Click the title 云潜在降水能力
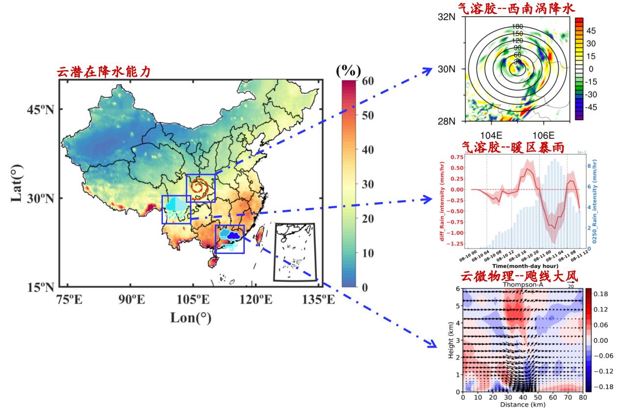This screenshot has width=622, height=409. (104, 72)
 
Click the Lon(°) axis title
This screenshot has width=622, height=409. (191, 318)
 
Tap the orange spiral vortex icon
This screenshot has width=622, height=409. (201, 187)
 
